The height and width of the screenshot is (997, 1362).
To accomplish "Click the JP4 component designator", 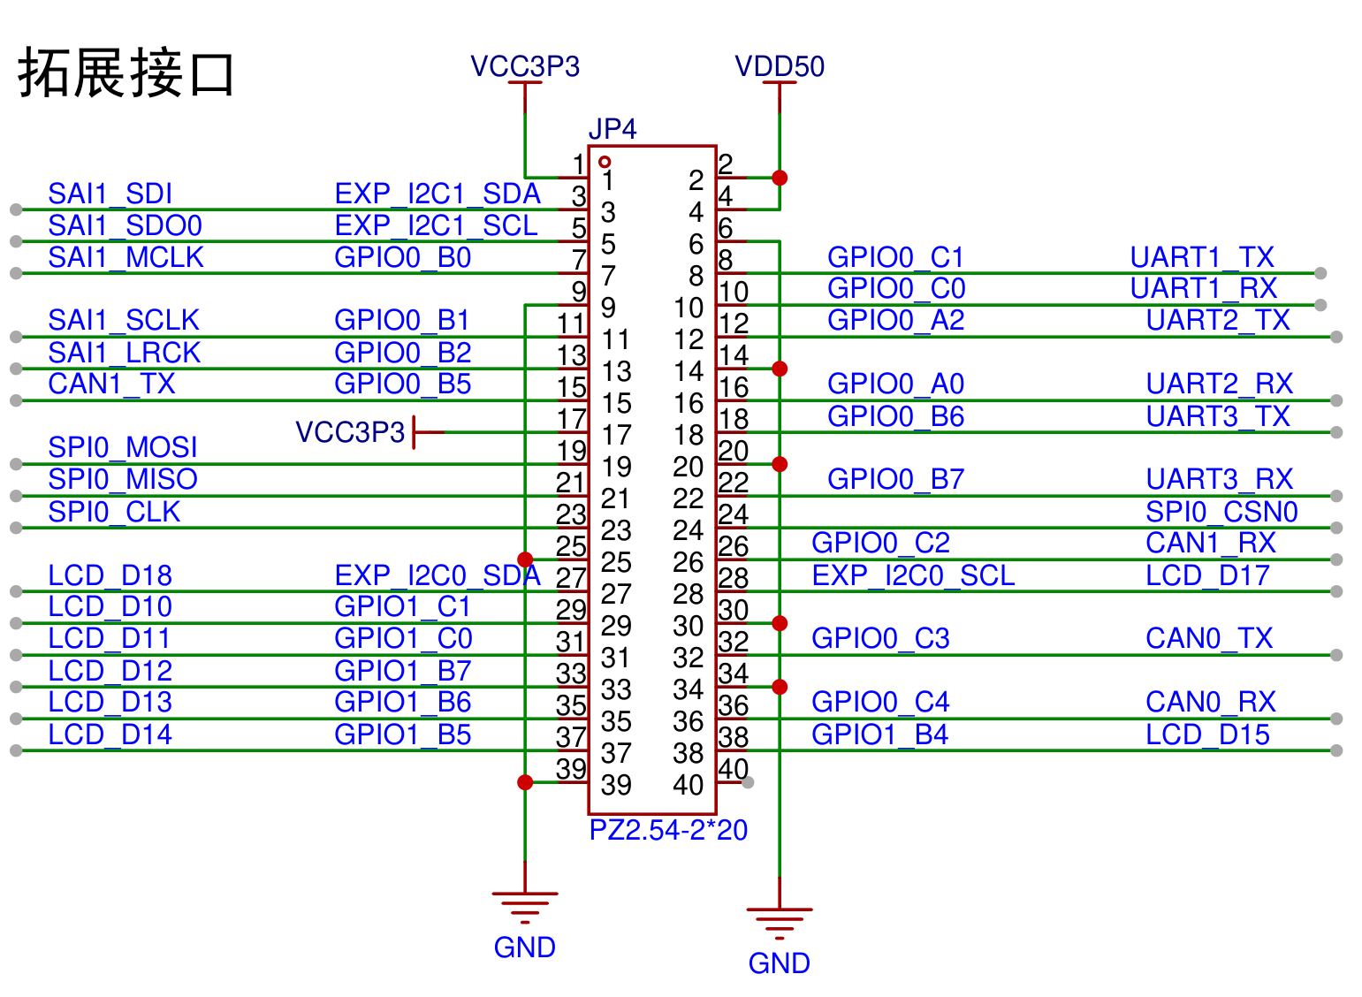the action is click(x=613, y=129).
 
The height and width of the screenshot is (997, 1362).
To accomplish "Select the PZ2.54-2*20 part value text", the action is click(x=668, y=831).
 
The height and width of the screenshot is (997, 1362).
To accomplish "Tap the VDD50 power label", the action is click(x=780, y=66).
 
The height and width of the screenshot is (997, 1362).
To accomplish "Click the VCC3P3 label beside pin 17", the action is click(x=350, y=432).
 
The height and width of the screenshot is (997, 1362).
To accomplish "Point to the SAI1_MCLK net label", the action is click(x=126, y=258).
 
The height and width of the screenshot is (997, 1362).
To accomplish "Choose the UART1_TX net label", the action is click(x=1202, y=258).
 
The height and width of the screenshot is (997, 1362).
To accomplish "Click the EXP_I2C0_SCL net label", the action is click(x=913, y=575).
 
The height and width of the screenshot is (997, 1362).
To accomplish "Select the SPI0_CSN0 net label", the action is click(x=1221, y=512).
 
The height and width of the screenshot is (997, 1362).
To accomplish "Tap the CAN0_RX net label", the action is click(x=1211, y=702).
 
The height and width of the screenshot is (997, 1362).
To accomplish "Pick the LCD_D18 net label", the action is click(x=110, y=575).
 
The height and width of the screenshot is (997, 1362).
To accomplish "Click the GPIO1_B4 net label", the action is click(x=879, y=735).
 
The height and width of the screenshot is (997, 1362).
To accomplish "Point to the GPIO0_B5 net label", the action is click(x=402, y=384).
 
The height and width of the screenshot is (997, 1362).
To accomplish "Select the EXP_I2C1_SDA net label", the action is click(x=438, y=194).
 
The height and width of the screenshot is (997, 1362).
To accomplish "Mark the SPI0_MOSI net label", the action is click(x=123, y=448).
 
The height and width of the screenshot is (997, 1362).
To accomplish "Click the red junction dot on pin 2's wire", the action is click(x=780, y=179).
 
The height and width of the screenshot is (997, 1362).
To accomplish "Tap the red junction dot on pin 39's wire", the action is click(x=525, y=782).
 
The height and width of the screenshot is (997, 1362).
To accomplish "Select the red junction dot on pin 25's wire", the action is click(x=525, y=559).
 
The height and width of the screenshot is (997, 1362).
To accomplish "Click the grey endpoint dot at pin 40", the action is click(x=748, y=782).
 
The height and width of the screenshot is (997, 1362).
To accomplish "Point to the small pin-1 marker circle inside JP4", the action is click(x=605, y=162).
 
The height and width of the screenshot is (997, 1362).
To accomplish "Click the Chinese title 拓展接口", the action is click(x=126, y=73).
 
